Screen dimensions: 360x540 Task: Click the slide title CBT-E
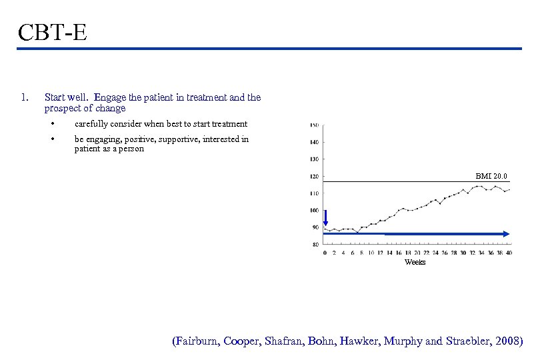[53, 31]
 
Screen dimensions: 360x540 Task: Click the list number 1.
[24, 97]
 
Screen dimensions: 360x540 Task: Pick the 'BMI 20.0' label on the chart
[491, 176]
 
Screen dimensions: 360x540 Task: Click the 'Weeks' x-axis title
[415, 262]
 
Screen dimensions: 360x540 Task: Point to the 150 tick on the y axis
[314, 125]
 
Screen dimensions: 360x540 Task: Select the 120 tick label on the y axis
[314, 177]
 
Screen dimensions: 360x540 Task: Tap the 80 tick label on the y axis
[315, 245]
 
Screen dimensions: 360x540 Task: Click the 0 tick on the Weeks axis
[325, 253]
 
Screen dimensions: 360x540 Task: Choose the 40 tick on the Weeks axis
[509, 253]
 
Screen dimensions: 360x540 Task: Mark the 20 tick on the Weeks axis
[417, 253]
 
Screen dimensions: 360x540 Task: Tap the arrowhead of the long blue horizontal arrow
[506, 234]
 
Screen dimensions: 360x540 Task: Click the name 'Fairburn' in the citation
[197, 341]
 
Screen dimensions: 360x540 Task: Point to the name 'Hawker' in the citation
[361, 341]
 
